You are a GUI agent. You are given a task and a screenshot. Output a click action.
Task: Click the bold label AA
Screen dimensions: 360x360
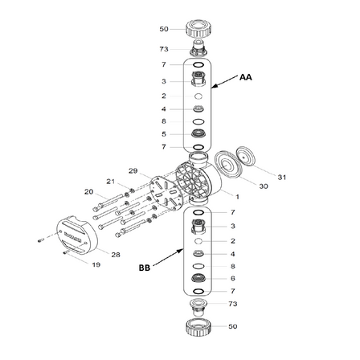pyautogui.click(x=246, y=78)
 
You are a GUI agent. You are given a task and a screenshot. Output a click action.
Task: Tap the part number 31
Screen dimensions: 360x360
pyautogui.click(x=281, y=177)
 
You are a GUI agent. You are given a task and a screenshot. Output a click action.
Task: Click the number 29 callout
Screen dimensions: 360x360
pyautogui.click(x=133, y=171)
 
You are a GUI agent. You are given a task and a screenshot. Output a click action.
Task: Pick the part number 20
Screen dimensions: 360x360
pyautogui.click(x=88, y=192)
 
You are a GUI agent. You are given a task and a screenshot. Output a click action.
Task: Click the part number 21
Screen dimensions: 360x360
pyautogui.click(x=111, y=181)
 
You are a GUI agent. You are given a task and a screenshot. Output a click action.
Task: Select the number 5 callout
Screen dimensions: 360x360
pyautogui.click(x=163, y=133)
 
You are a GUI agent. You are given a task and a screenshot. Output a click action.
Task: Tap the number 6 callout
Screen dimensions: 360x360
pyautogui.click(x=232, y=278)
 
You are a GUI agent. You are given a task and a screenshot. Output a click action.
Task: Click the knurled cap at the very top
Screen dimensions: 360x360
pyautogui.click(x=197, y=30)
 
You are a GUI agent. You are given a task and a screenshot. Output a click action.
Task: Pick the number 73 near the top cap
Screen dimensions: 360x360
pyautogui.click(x=164, y=49)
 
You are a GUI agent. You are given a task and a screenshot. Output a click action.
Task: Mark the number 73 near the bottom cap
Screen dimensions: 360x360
pyautogui.click(x=233, y=305)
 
